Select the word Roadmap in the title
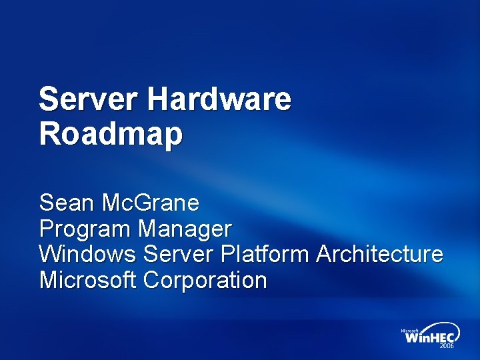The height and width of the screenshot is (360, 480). [x=111, y=135]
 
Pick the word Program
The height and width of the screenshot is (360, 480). [x=85, y=229]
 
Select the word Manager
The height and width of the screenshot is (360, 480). [x=185, y=229]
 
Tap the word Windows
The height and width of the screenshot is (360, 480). [x=88, y=254]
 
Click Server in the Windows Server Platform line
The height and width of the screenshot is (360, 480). [x=178, y=254]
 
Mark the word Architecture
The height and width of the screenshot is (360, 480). [x=379, y=254]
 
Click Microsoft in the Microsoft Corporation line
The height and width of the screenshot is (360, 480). [x=87, y=280]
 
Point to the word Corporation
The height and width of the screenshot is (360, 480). [x=205, y=280]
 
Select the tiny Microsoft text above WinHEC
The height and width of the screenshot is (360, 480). [x=409, y=330]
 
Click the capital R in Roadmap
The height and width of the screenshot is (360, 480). [x=49, y=135]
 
